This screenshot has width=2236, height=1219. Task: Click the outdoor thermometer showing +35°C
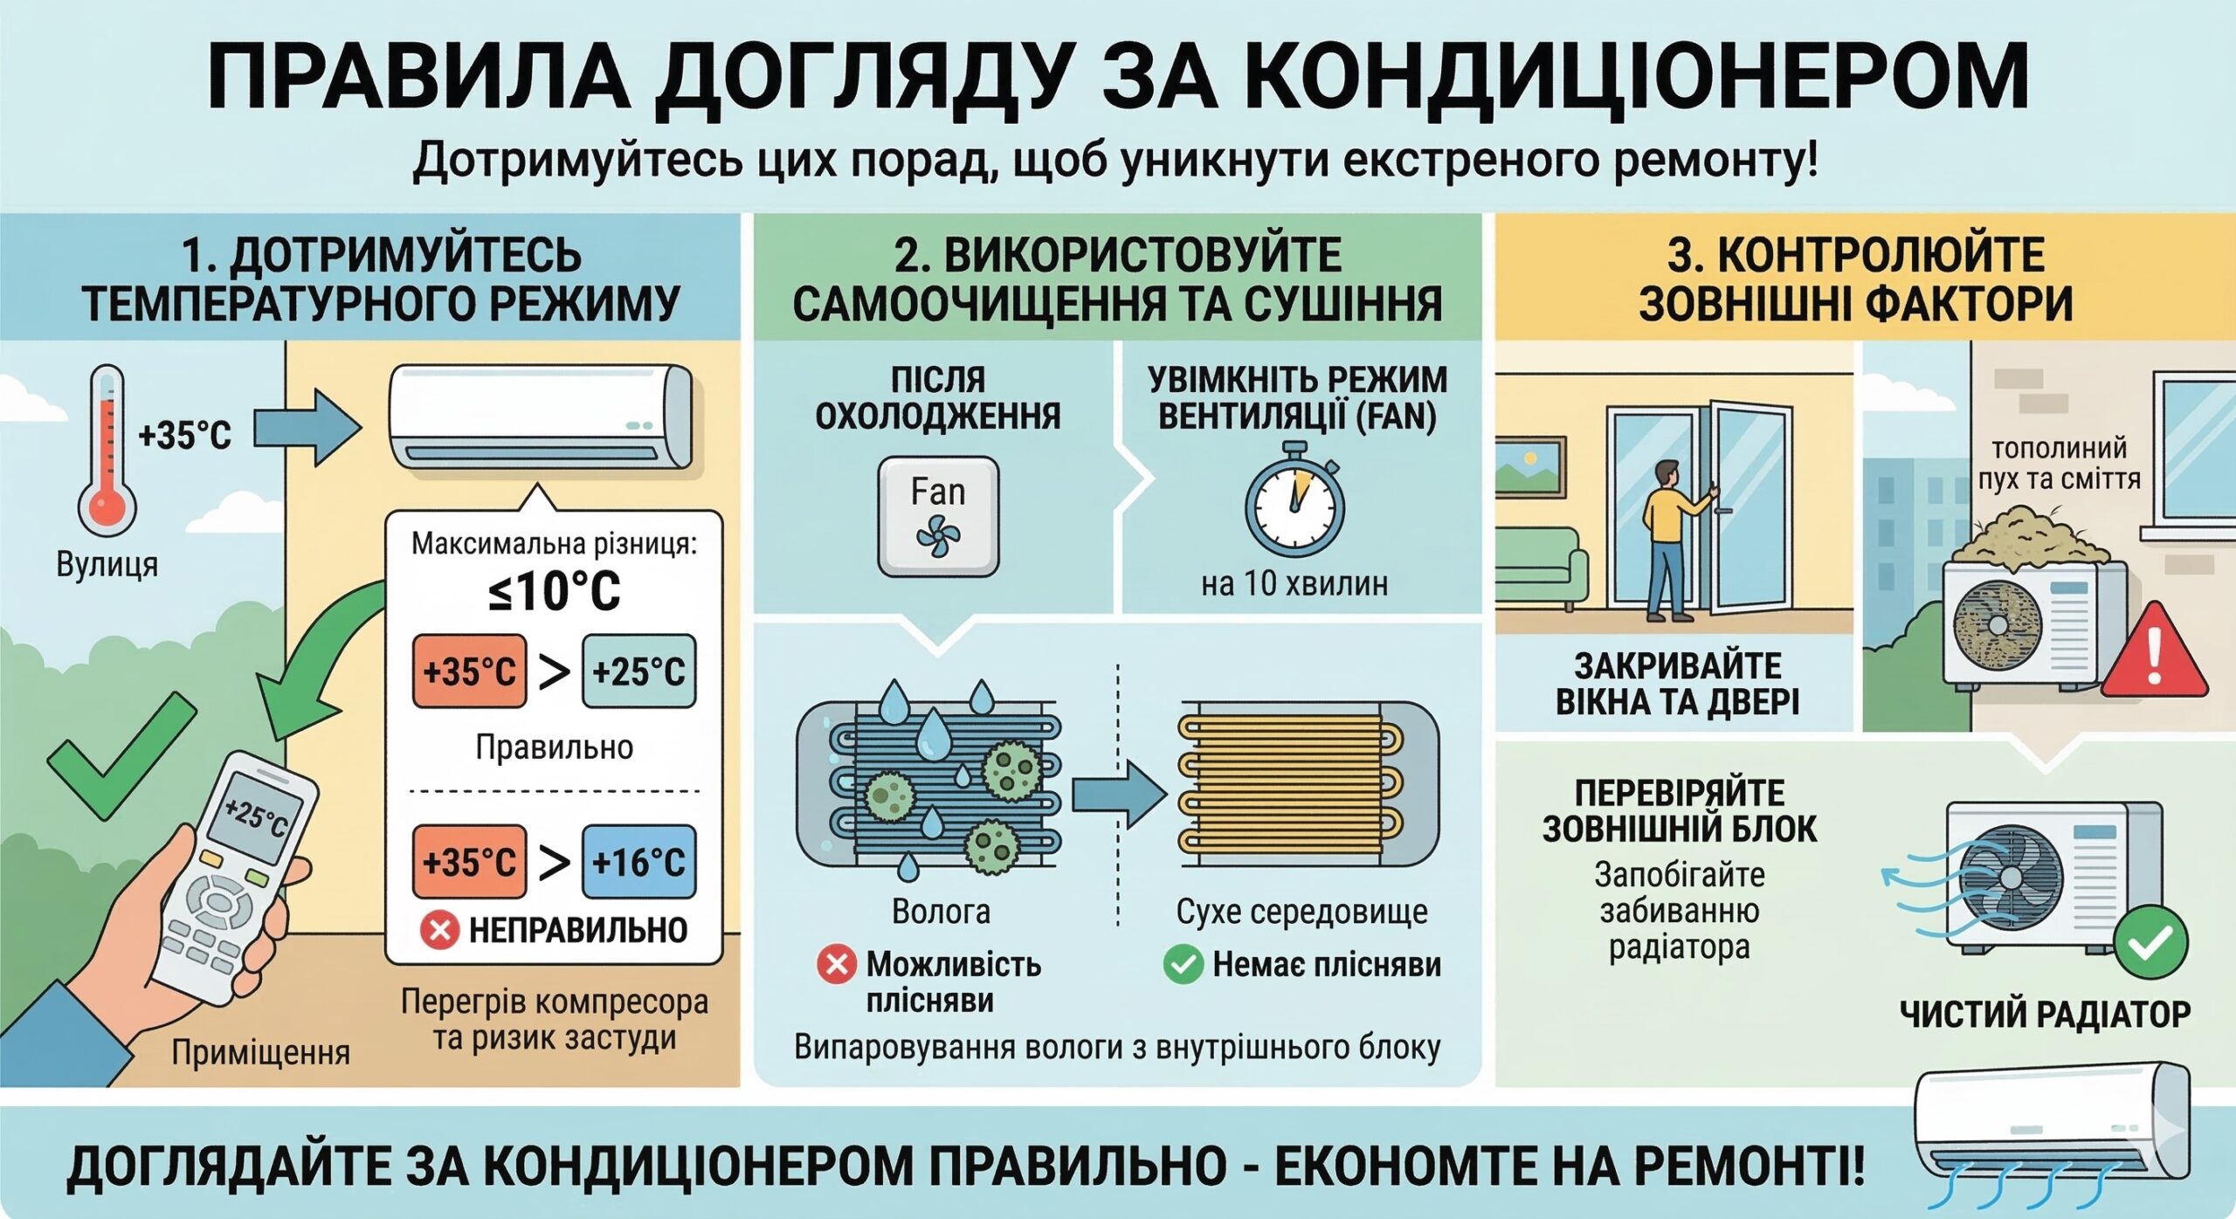[x=107, y=450]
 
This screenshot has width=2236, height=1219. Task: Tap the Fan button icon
[x=938, y=516]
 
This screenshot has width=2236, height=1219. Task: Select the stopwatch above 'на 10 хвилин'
[x=1294, y=501]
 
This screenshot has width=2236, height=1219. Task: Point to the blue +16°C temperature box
[x=639, y=862]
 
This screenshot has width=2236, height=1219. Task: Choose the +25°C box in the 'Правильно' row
[x=639, y=671]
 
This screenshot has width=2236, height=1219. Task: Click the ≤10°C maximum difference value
[x=555, y=591]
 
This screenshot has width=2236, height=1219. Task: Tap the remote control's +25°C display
[x=257, y=816]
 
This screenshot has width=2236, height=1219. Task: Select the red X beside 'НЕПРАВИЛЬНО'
[x=439, y=930]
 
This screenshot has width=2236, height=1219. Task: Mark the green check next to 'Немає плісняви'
[x=1184, y=965]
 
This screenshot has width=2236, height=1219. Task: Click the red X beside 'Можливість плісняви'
[x=836, y=965]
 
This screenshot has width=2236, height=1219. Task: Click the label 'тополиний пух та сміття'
[x=2059, y=464]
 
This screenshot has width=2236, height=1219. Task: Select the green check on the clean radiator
[x=2150, y=943]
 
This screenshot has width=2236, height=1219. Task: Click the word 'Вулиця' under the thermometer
[x=107, y=564]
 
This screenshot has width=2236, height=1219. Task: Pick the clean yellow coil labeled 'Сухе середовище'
[x=1293, y=783]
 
